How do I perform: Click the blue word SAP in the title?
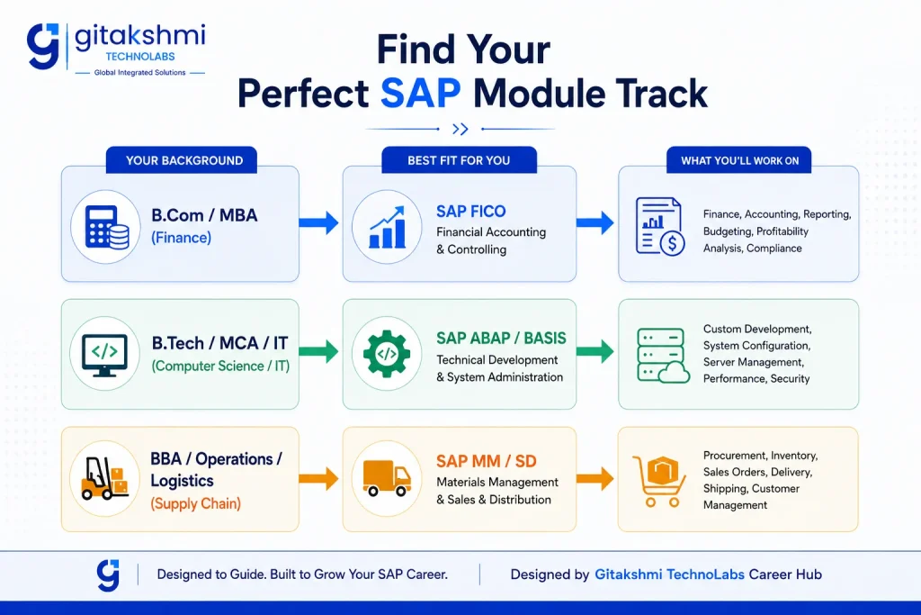point(420,93)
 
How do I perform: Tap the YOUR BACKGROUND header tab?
point(182,160)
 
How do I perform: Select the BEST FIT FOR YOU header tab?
point(459,160)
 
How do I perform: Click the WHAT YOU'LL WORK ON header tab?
point(739,160)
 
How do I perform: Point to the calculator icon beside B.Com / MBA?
point(106,227)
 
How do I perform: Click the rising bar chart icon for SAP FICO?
point(387,227)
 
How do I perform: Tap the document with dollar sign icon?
point(660,226)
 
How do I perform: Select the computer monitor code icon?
point(104,355)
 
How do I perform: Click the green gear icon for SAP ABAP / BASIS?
point(387,354)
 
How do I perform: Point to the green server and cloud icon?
point(663,356)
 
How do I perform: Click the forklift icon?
point(104,478)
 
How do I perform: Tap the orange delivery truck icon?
point(387,478)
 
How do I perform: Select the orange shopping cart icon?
point(659,481)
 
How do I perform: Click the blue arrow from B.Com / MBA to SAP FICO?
point(319,222)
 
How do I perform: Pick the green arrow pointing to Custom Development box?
point(595,351)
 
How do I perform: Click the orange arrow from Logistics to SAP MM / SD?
point(319,479)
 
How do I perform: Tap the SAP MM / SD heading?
point(487,461)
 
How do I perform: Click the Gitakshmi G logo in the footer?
point(108,574)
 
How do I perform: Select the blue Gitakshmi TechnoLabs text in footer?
point(669,574)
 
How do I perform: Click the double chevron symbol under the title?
point(460,129)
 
